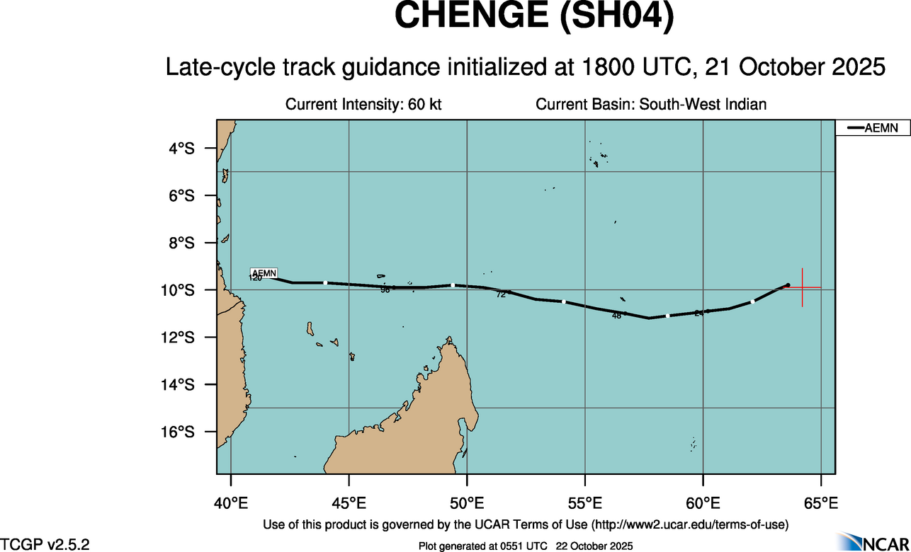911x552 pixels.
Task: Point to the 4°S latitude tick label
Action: click(x=181, y=148)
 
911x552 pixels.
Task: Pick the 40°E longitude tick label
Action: click(x=231, y=504)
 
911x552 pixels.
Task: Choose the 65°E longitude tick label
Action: click(x=820, y=504)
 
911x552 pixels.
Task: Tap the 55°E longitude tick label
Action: click(x=584, y=504)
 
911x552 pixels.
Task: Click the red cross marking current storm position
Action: click(x=802, y=287)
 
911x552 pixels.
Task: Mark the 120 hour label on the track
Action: click(x=255, y=278)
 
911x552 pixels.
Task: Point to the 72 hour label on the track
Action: click(x=501, y=294)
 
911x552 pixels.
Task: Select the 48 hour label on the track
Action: click(x=616, y=316)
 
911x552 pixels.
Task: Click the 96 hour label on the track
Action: click(x=385, y=289)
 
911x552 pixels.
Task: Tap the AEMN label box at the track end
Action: click(x=264, y=272)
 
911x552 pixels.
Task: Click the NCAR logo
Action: click(x=872, y=541)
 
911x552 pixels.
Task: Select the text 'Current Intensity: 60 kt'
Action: click(x=363, y=105)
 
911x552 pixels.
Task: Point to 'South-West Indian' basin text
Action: click(x=703, y=105)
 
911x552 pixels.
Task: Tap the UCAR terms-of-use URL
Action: click(x=691, y=524)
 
